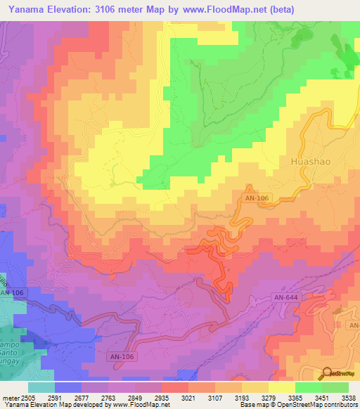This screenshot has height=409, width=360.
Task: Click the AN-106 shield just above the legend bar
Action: (x=121, y=357)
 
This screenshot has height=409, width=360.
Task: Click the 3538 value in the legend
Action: (x=348, y=398)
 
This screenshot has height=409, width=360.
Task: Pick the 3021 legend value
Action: (x=188, y=398)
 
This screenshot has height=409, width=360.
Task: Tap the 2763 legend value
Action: (x=108, y=398)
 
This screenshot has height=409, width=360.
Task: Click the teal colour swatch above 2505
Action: (x=41, y=387)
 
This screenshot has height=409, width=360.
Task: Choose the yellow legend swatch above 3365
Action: (x=281, y=387)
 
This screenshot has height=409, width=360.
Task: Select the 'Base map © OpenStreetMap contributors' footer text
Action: (x=298, y=405)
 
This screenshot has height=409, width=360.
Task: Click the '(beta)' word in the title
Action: (x=278, y=9)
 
